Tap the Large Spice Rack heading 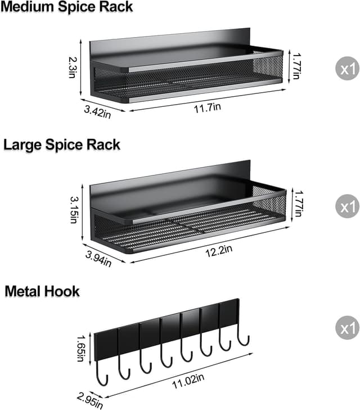[x=62, y=145]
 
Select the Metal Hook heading [x=42, y=291]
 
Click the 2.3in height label [x=72, y=66]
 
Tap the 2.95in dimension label [x=89, y=400]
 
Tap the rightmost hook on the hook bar [x=243, y=337]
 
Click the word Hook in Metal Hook [x=64, y=291]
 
